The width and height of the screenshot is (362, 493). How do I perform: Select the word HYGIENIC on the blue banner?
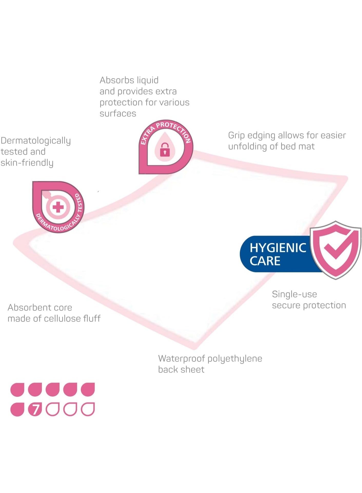coord(278,248)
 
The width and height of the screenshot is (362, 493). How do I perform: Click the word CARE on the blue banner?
coord(265,261)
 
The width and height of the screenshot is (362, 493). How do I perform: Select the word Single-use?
coord(294,294)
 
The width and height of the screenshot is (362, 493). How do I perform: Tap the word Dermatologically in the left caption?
coord(36,141)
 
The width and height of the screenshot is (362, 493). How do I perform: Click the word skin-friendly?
coord(27,163)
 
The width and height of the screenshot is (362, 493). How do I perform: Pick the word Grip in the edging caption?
coord(236,136)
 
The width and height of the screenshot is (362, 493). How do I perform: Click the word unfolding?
coord(248,147)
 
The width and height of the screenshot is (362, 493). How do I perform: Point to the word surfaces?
coord(118,114)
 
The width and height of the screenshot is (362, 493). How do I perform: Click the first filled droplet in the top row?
coord(17,389)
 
